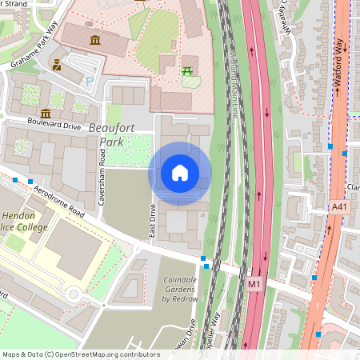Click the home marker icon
point(180,173)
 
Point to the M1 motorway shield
point(254,283)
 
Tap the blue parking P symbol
point(90,81)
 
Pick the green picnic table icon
point(189,72)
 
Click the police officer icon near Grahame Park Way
point(58,63)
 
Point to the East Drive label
point(152,219)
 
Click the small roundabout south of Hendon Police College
point(74,294)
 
